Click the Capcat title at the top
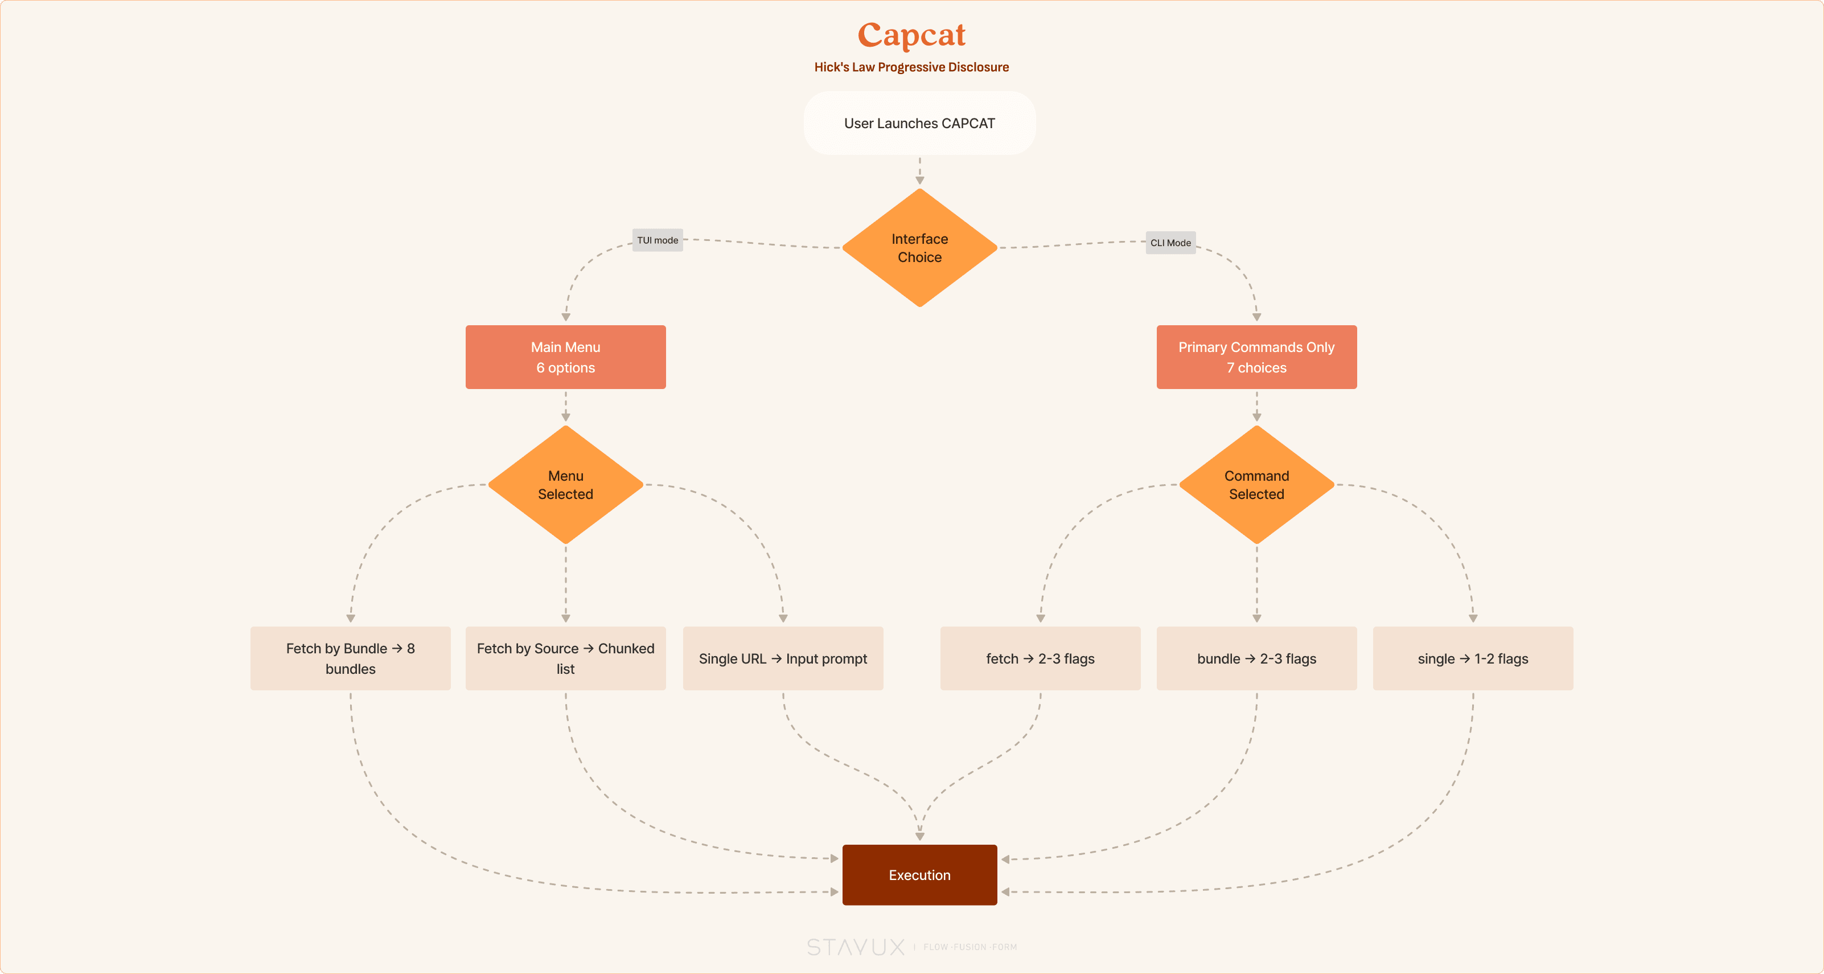click(x=911, y=35)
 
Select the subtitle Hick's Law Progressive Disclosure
click(x=911, y=67)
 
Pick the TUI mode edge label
click(x=657, y=240)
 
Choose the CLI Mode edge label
click(x=1170, y=243)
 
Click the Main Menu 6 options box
click(x=565, y=357)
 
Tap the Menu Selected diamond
click(x=565, y=485)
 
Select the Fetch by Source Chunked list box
click(x=565, y=658)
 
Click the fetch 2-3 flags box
click(x=1040, y=658)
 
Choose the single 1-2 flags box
click(x=1473, y=658)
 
